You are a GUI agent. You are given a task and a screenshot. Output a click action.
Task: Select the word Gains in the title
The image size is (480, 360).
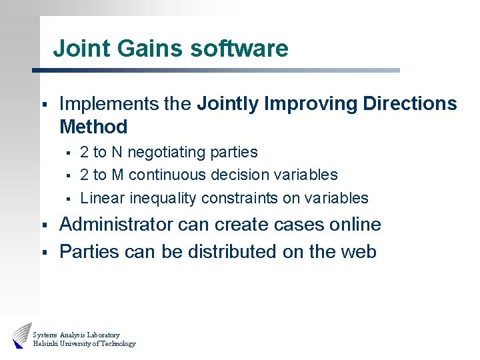pyautogui.click(x=149, y=49)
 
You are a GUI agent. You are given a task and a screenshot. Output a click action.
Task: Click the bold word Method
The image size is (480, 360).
pyautogui.click(x=93, y=127)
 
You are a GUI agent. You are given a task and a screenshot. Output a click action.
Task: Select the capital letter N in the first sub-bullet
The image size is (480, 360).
pyautogui.click(x=117, y=153)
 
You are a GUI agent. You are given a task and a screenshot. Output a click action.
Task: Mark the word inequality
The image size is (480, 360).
pyautogui.click(x=159, y=198)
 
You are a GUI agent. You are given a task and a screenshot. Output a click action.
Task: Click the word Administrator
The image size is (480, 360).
pyautogui.click(x=116, y=225)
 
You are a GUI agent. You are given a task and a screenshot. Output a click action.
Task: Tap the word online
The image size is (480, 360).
pyautogui.click(x=355, y=225)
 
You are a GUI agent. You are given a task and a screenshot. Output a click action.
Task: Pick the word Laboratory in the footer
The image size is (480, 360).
pyautogui.click(x=103, y=335)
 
